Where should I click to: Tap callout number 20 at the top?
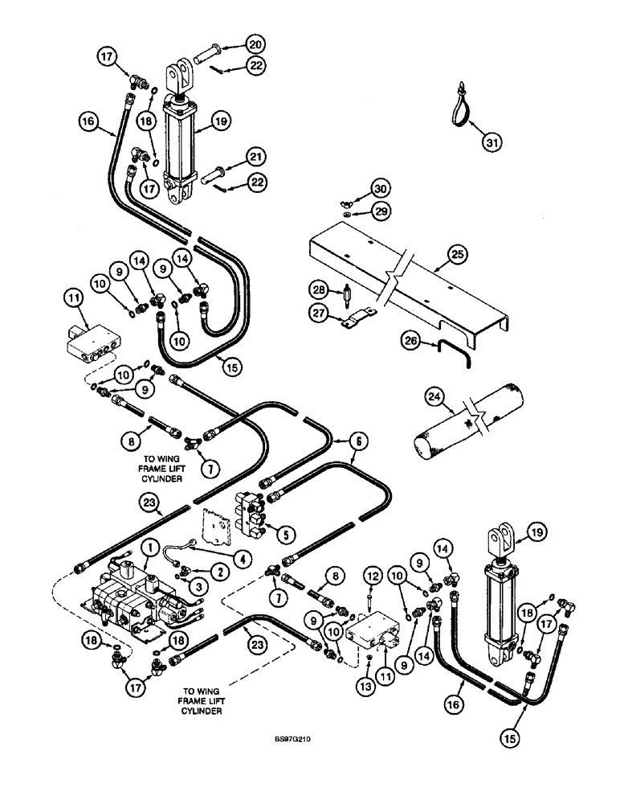tap(256, 43)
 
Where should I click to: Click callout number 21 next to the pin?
tap(256, 156)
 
